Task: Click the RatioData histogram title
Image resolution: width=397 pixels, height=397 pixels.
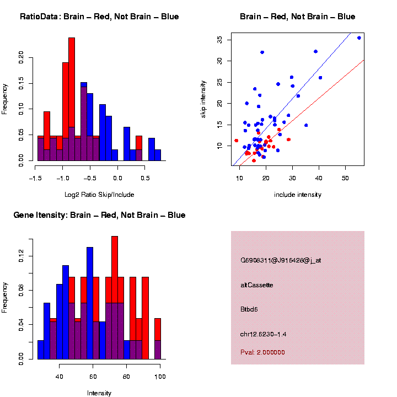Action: (99, 17)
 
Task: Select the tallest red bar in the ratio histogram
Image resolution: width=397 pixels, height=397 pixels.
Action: (72, 99)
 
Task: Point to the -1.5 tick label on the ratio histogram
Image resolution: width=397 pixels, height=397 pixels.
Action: (35, 179)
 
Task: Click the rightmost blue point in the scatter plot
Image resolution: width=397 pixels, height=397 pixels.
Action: (359, 38)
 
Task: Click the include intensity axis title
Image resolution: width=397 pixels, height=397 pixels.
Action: (298, 195)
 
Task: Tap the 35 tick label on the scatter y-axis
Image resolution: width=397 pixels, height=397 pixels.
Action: (219, 40)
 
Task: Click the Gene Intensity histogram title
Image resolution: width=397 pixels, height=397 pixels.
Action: (99, 215)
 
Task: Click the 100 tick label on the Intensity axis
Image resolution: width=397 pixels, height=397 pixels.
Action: (160, 377)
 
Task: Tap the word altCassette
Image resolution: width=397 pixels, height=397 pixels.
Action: (257, 285)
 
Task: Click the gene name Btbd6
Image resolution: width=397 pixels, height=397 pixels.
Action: (249, 309)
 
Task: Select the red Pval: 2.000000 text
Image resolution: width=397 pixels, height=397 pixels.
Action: (263, 352)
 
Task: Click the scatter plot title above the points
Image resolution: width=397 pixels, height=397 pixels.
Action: (298, 17)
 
